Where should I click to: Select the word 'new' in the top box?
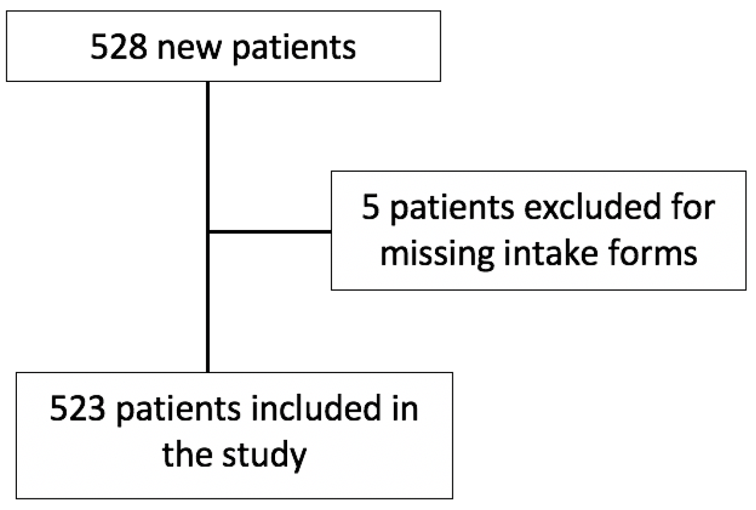coord(190,48)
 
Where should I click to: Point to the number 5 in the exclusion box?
coord(371,207)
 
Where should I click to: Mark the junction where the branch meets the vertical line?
coord(208,231)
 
